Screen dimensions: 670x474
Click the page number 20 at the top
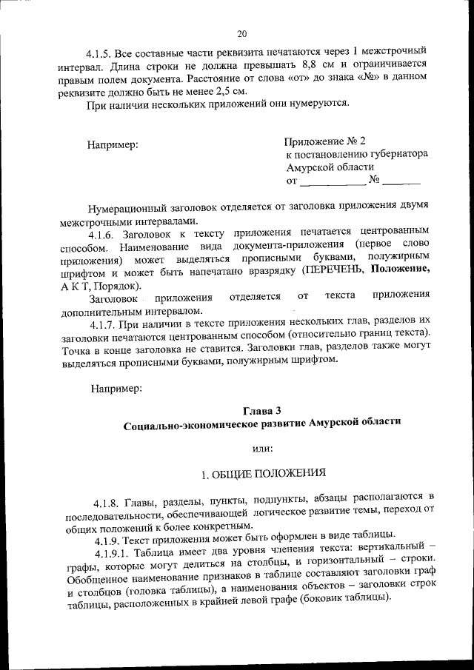pos(242,33)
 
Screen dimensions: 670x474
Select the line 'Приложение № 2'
pos(324,141)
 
